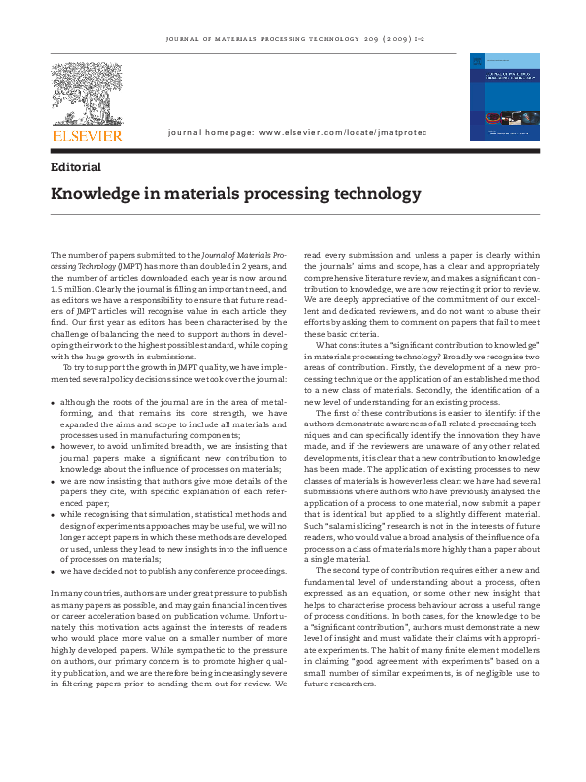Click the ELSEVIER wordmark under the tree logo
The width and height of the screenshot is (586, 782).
point(89,134)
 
